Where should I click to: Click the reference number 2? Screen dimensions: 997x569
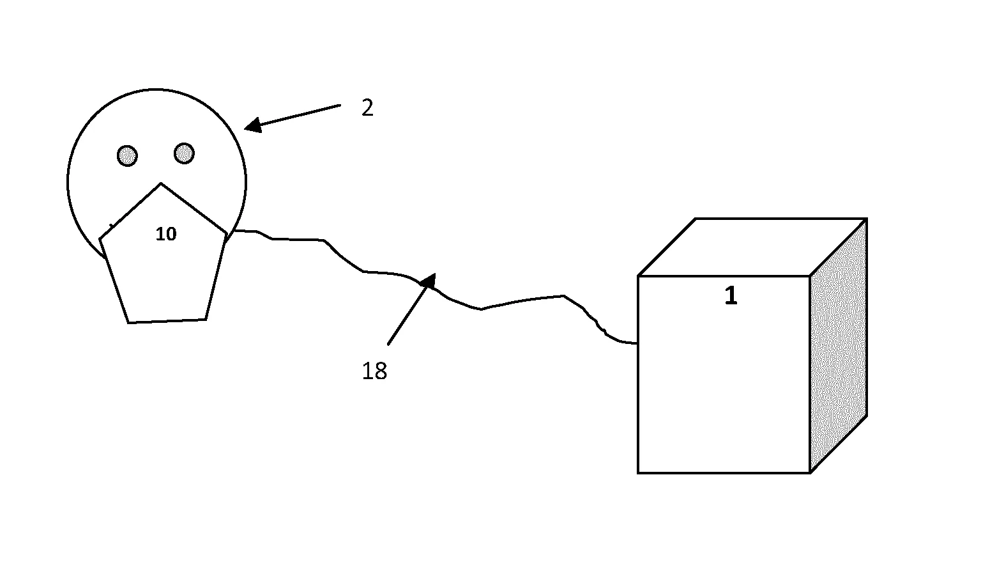click(367, 108)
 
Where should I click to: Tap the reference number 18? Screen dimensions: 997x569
click(374, 371)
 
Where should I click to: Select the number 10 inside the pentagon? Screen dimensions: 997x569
click(166, 234)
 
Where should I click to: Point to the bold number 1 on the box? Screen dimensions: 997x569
click(731, 295)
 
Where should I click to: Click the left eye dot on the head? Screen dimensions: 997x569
click(127, 156)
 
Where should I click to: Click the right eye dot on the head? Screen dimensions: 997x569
click(185, 153)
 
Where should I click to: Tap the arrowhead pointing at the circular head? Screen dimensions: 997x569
click(253, 125)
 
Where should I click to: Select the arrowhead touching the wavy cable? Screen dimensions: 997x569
click(429, 282)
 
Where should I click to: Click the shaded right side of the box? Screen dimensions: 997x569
click(839, 345)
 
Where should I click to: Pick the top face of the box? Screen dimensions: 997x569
click(752, 247)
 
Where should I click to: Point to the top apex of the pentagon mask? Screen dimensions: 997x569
click(161, 183)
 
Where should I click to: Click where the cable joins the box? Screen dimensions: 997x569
click(637, 343)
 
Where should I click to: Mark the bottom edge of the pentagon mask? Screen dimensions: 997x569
click(167, 321)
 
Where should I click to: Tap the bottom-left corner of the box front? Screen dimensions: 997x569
click(638, 472)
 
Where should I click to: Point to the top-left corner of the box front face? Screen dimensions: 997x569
click(638, 276)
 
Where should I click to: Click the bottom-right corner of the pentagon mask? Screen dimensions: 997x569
click(206, 319)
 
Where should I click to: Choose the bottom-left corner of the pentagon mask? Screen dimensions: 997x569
click(128, 323)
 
